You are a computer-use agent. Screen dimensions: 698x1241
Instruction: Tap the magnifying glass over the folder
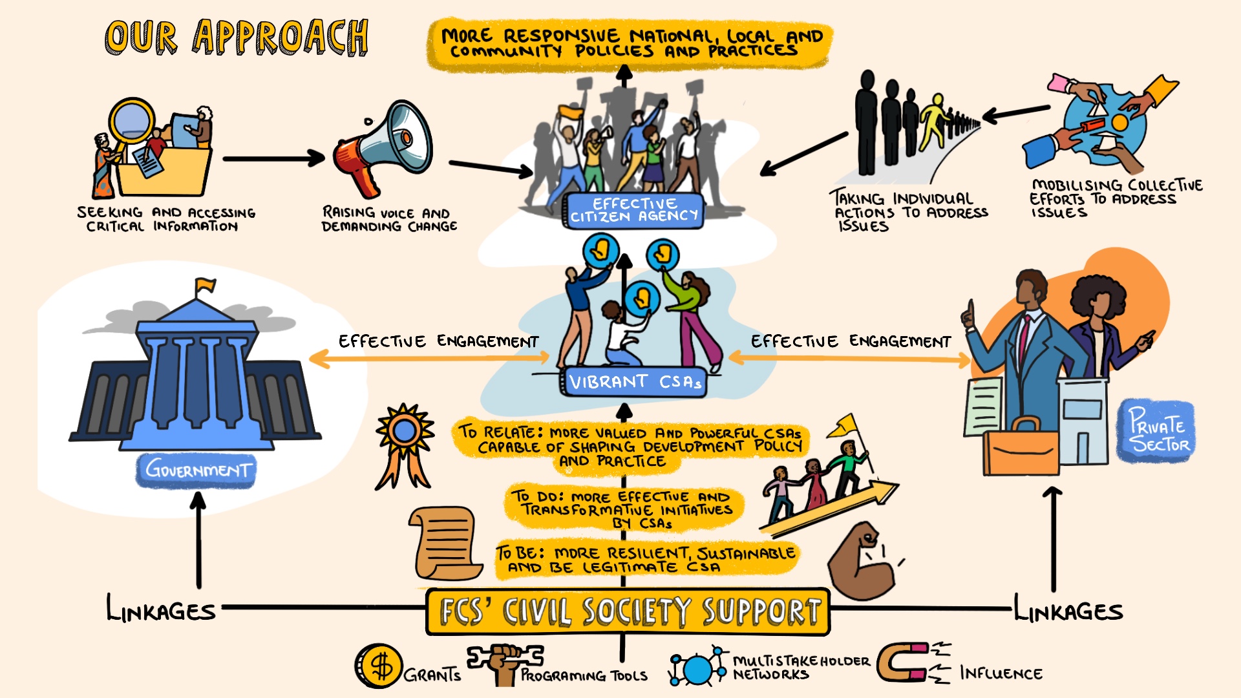pos(133,122)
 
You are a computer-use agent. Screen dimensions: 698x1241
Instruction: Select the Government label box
pos(196,469)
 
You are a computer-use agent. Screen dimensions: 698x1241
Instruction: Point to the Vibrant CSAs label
pos(633,381)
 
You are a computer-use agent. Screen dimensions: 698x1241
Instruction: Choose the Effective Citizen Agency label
pos(634,209)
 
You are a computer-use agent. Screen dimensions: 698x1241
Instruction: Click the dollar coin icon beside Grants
pos(379,666)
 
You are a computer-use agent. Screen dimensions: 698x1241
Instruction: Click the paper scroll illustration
pos(445,543)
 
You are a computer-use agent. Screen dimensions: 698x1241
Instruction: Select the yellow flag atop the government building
pos(206,284)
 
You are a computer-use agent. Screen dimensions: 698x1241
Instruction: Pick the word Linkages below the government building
pos(161,609)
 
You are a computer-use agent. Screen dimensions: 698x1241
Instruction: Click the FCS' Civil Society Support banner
pos(628,611)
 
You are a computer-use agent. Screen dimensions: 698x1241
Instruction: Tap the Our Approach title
pos(237,37)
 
